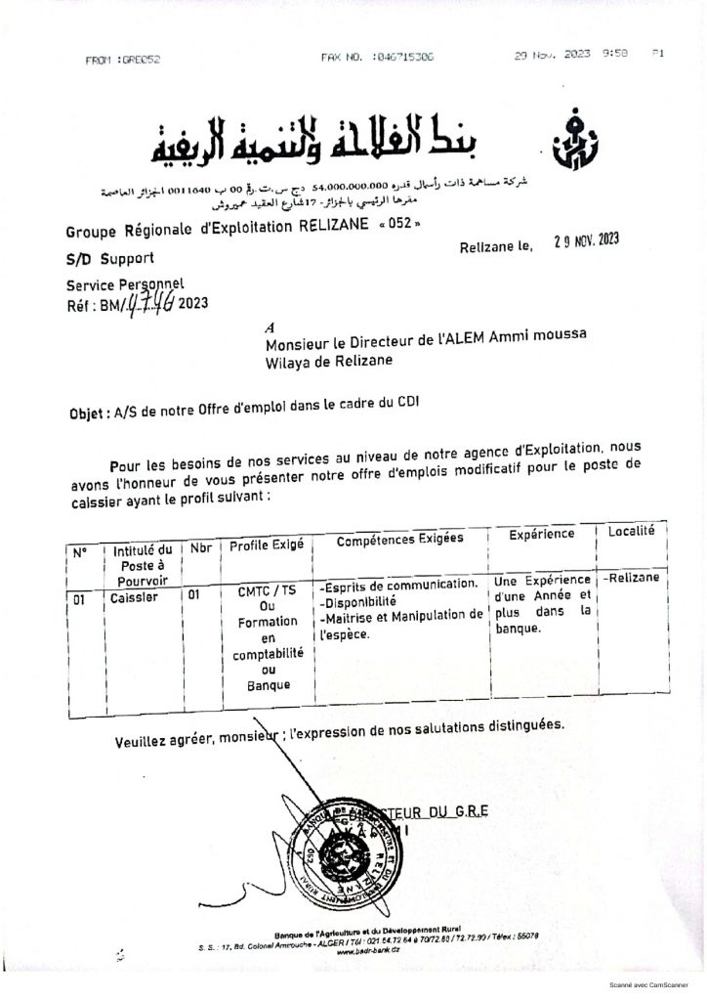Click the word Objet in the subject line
[x=89, y=413]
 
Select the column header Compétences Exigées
[x=400, y=540]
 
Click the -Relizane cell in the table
[x=633, y=577]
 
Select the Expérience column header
[x=541, y=536]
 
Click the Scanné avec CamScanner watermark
[x=651, y=990]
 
